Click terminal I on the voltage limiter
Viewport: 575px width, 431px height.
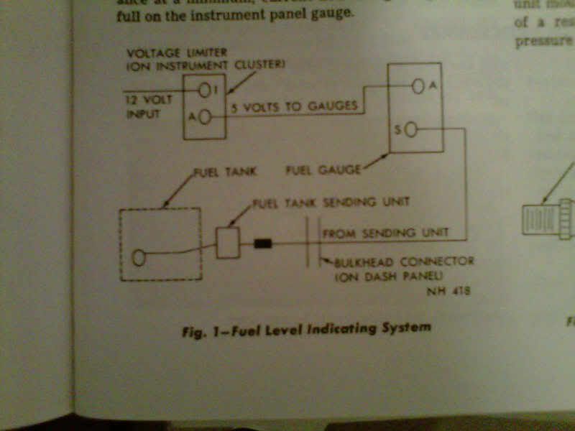[x=206, y=90]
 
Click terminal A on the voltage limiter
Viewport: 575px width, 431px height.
[x=205, y=117]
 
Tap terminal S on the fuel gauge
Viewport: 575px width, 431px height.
[x=412, y=130]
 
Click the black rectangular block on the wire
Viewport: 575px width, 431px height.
[x=263, y=244]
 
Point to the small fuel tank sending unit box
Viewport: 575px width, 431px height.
[x=228, y=243]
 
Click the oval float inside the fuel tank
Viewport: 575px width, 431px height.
[x=139, y=256]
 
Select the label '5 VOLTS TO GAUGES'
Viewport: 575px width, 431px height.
[x=295, y=106]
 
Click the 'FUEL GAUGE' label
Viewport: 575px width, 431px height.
[x=318, y=170]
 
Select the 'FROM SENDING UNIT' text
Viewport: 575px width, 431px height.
[x=385, y=233]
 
